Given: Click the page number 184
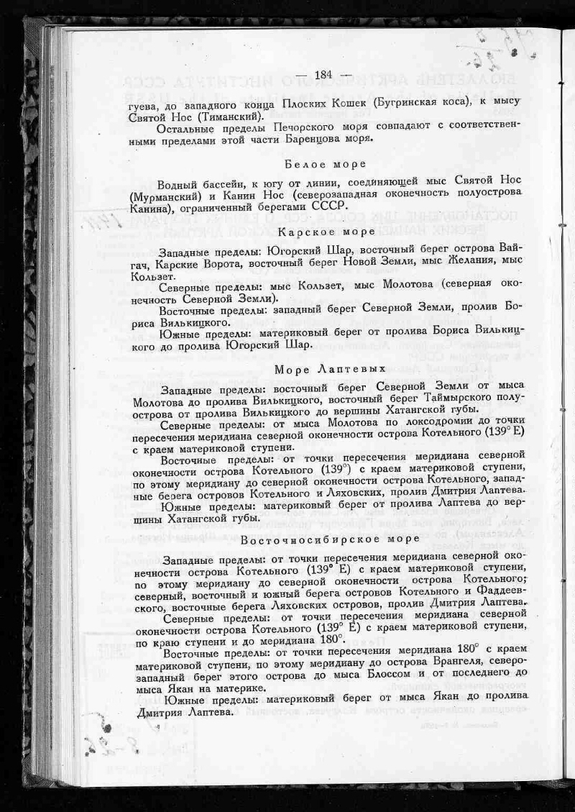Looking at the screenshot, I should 323,74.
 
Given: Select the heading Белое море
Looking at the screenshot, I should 325,164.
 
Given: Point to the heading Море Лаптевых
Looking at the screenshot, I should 330,369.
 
